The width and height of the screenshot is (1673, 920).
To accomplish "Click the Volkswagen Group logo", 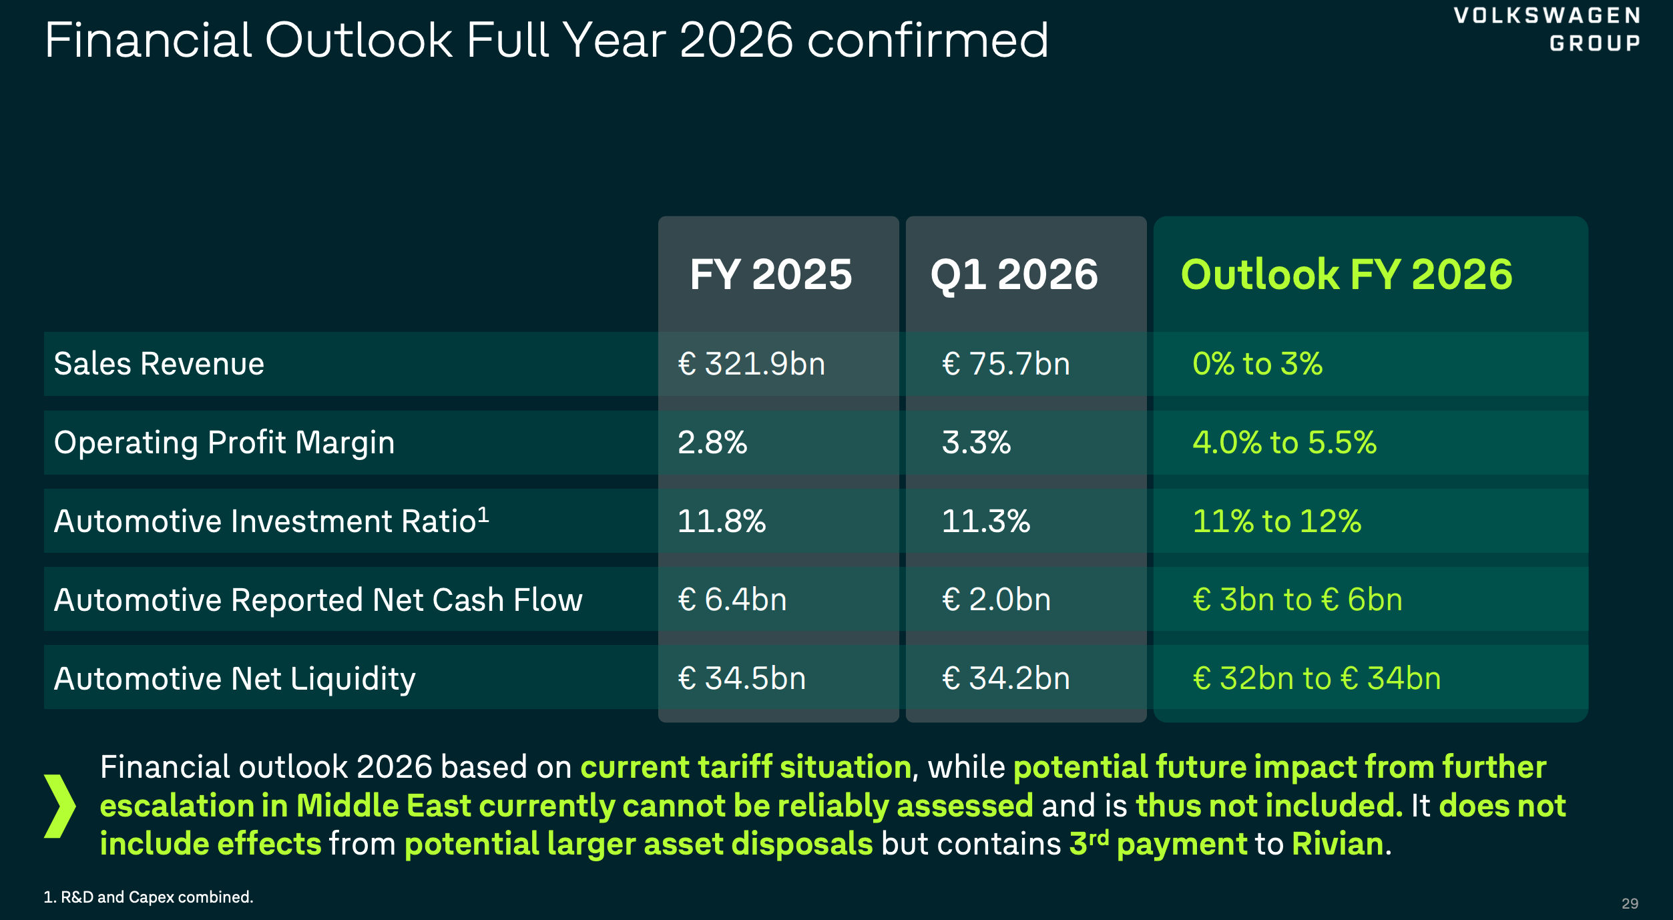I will click(x=1547, y=29).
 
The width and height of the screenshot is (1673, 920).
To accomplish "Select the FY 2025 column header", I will click(x=771, y=274).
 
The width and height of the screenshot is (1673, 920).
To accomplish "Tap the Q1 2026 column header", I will click(x=1014, y=274).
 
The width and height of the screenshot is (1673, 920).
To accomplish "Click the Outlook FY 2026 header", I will click(x=1347, y=274).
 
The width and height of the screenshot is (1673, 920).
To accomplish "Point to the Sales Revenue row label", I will click(x=159, y=364).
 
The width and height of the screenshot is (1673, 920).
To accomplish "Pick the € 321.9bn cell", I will click(x=752, y=364).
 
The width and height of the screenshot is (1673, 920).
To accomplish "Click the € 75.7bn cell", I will click(x=1006, y=364).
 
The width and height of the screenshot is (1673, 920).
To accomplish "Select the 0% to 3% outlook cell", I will click(x=1257, y=364).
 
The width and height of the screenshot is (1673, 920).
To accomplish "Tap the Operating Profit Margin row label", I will click(x=224, y=443).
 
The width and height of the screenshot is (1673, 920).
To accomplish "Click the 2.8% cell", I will click(x=712, y=443).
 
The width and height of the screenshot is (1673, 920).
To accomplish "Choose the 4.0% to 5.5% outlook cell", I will click(x=1284, y=443).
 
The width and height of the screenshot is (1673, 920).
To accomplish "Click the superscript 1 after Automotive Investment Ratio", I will click(x=483, y=514).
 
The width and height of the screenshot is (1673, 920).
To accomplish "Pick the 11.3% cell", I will click(x=985, y=521).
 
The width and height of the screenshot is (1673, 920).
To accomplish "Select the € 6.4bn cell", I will click(x=732, y=600).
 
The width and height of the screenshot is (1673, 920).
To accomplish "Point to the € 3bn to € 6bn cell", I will click(x=1297, y=600).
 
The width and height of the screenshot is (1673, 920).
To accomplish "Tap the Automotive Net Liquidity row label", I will click(x=234, y=678).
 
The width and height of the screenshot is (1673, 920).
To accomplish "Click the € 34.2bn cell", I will click(x=1006, y=678).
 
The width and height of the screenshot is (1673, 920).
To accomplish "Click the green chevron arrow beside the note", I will click(x=59, y=806).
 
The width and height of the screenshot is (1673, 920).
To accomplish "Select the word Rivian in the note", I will click(x=1337, y=844).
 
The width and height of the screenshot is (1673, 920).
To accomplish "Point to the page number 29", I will click(x=1630, y=903).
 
